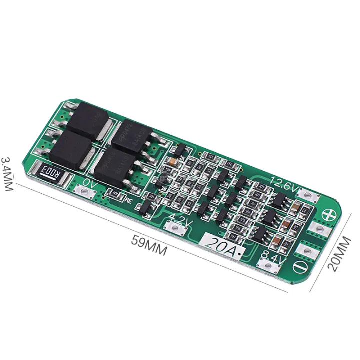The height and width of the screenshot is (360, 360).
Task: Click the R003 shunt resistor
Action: tap(49, 174)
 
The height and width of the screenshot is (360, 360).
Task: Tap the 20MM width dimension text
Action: tap(340, 252)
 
